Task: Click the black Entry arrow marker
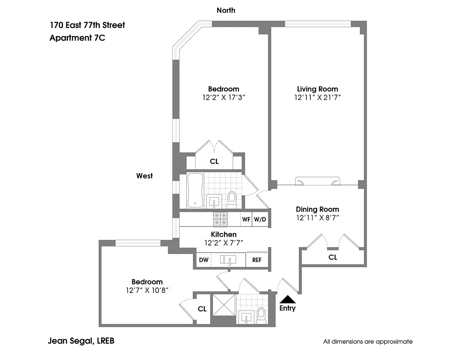point(287,299)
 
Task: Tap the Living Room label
point(317,89)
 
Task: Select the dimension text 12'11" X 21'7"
point(317,98)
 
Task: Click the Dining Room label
point(317,209)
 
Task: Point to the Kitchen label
point(224,234)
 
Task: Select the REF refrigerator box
point(256,260)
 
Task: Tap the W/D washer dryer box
point(260,220)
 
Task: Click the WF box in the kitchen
point(246,220)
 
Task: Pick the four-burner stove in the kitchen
point(221,219)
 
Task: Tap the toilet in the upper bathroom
point(232,198)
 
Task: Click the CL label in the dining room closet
point(333,258)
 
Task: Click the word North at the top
point(226,10)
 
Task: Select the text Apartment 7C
point(77,38)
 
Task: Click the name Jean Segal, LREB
point(81,341)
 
